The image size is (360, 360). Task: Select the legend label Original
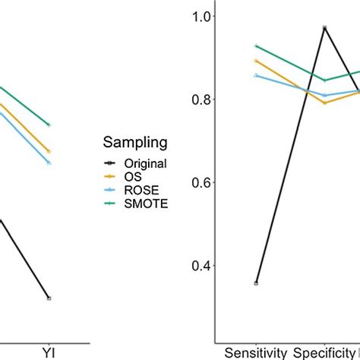pyautogui.click(x=147, y=163)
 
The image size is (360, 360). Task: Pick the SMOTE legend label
pyautogui.click(x=147, y=203)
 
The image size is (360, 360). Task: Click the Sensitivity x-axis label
pyautogui.click(x=256, y=352)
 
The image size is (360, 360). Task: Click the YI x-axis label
pyautogui.click(x=49, y=352)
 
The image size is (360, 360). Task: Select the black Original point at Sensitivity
pyautogui.click(x=256, y=283)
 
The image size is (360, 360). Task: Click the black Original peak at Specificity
pyautogui.click(x=324, y=27)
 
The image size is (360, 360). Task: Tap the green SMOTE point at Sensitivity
pyautogui.click(x=256, y=46)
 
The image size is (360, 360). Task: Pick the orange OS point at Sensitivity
pyautogui.click(x=256, y=61)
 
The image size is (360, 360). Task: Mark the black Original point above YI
pyautogui.click(x=49, y=298)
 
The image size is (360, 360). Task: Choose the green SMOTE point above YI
pyautogui.click(x=49, y=125)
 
